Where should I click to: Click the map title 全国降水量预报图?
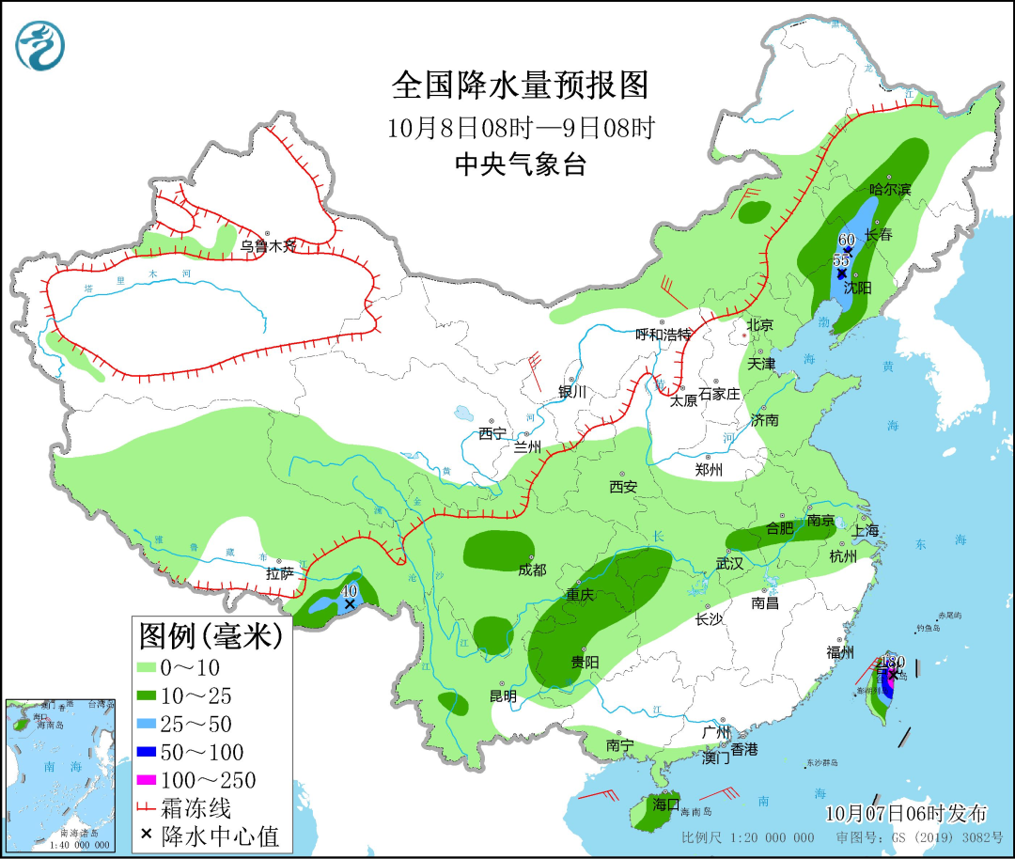(x=520, y=86)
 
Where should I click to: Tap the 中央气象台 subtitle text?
(x=520, y=165)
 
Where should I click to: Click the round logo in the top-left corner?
(x=41, y=45)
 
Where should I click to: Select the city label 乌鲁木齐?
(x=268, y=246)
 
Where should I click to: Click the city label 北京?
(x=759, y=325)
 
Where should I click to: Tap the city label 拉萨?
(x=280, y=572)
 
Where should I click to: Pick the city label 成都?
(x=531, y=570)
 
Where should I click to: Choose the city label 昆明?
(x=503, y=696)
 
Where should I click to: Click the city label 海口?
(x=665, y=804)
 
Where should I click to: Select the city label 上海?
(x=866, y=531)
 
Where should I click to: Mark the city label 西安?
(x=623, y=486)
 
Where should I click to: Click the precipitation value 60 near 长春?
(x=846, y=240)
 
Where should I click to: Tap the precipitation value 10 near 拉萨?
(x=350, y=590)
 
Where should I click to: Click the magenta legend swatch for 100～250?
(x=146, y=780)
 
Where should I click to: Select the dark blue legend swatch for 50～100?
(x=146, y=752)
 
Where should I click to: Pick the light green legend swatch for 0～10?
(x=146, y=667)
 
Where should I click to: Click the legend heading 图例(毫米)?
(x=211, y=636)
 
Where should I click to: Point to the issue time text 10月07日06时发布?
(x=906, y=812)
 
